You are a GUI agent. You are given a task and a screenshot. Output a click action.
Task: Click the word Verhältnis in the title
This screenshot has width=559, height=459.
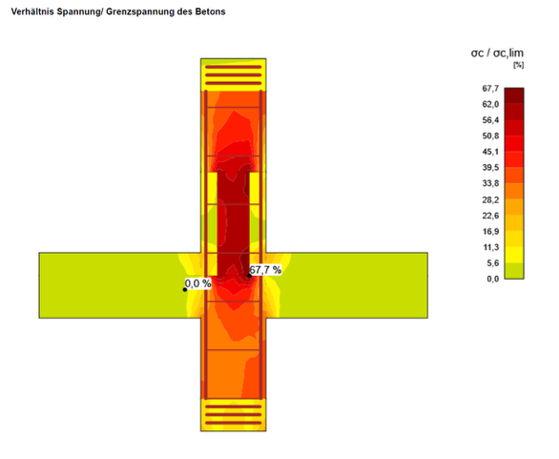click(x=32, y=11)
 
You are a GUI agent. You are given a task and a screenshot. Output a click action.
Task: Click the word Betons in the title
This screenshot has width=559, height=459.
click(x=210, y=11)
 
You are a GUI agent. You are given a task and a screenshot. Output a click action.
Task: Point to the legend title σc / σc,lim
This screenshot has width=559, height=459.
click(x=497, y=53)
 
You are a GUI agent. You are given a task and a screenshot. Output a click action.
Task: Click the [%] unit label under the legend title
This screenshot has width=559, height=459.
click(x=518, y=65)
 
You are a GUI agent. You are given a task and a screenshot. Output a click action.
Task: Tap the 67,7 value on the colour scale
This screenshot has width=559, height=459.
click(x=490, y=89)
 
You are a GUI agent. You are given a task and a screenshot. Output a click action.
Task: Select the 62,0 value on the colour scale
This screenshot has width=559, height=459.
click(x=490, y=104)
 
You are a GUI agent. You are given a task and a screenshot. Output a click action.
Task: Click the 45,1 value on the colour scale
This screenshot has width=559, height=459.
click(x=490, y=152)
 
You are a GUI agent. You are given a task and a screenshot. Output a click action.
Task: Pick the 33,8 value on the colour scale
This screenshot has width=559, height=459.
click(x=490, y=183)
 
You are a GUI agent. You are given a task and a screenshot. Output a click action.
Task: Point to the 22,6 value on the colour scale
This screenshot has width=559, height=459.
click(x=490, y=216)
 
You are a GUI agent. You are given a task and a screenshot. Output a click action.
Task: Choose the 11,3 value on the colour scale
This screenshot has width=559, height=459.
click(x=490, y=247)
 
